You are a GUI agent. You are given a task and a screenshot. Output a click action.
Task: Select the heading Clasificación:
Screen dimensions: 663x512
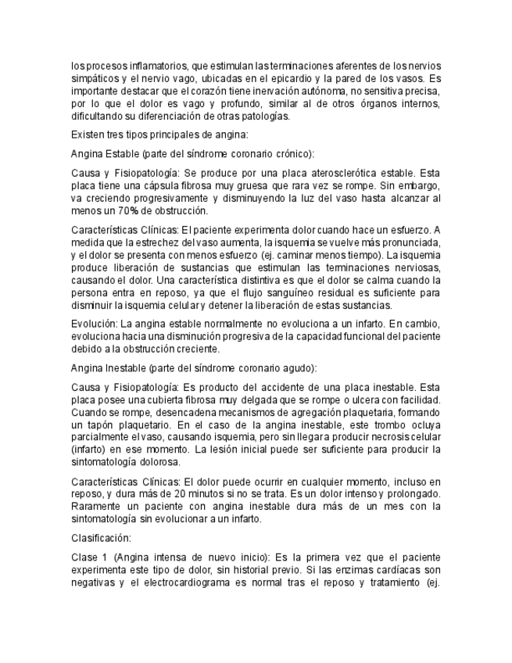[x=101, y=538]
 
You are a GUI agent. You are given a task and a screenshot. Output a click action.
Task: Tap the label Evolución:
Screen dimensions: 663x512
[x=94, y=324]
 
